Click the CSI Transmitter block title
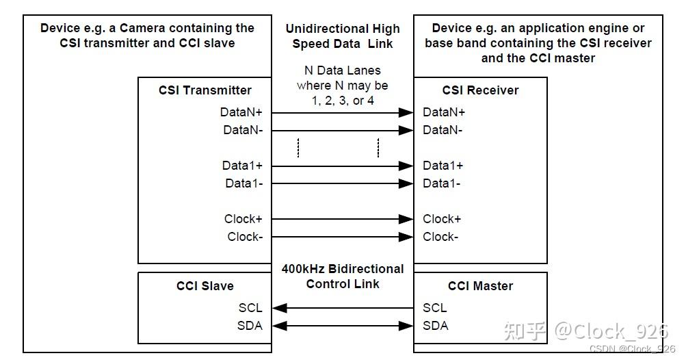click(x=205, y=90)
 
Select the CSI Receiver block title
click(x=480, y=90)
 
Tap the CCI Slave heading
click(x=205, y=286)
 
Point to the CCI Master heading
click(x=480, y=286)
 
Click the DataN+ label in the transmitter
click(x=241, y=112)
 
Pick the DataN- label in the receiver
click(x=443, y=130)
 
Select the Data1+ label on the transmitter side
click(x=242, y=166)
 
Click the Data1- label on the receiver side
click(x=441, y=183)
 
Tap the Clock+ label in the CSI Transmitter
click(x=243, y=219)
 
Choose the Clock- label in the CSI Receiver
click(x=440, y=237)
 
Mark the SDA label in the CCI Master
click(x=436, y=326)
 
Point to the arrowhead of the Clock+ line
click(x=407, y=219)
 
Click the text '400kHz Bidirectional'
click(x=343, y=269)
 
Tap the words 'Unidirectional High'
click(x=343, y=29)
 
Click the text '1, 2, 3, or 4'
click(x=343, y=101)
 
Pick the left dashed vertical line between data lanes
click(x=298, y=148)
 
